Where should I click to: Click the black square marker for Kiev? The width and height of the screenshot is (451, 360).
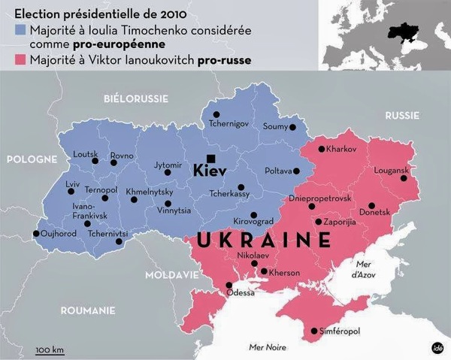coord(212,157)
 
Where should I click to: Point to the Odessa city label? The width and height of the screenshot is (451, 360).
coord(240,293)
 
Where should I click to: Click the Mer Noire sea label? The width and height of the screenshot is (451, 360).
coord(268,346)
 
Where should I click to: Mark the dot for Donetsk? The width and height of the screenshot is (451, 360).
coord(371,205)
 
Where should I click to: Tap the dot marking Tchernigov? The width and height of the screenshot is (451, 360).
coord(216,104)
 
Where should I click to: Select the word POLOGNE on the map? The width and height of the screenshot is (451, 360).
coord(32,159)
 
